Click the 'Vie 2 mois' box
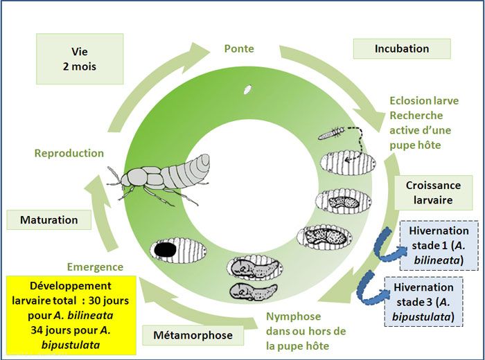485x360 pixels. pyautogui.click(x=79, y=59)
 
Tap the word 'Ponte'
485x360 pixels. pyautogui.click(x=239, y=48)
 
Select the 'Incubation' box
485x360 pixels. pyautogui.click(x=402, y=48)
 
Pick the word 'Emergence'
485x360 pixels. pyautogui.click(x=95, y=267)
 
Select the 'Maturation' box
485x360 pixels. pyautogui.click(x=48, y=220)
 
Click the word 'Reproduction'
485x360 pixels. pyautogui.click(x=69, y=153)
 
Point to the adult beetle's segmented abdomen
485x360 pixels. pyautogui.click(x=190, y=167)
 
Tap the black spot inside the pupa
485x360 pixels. pyautogui.click(x=164, y=249)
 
